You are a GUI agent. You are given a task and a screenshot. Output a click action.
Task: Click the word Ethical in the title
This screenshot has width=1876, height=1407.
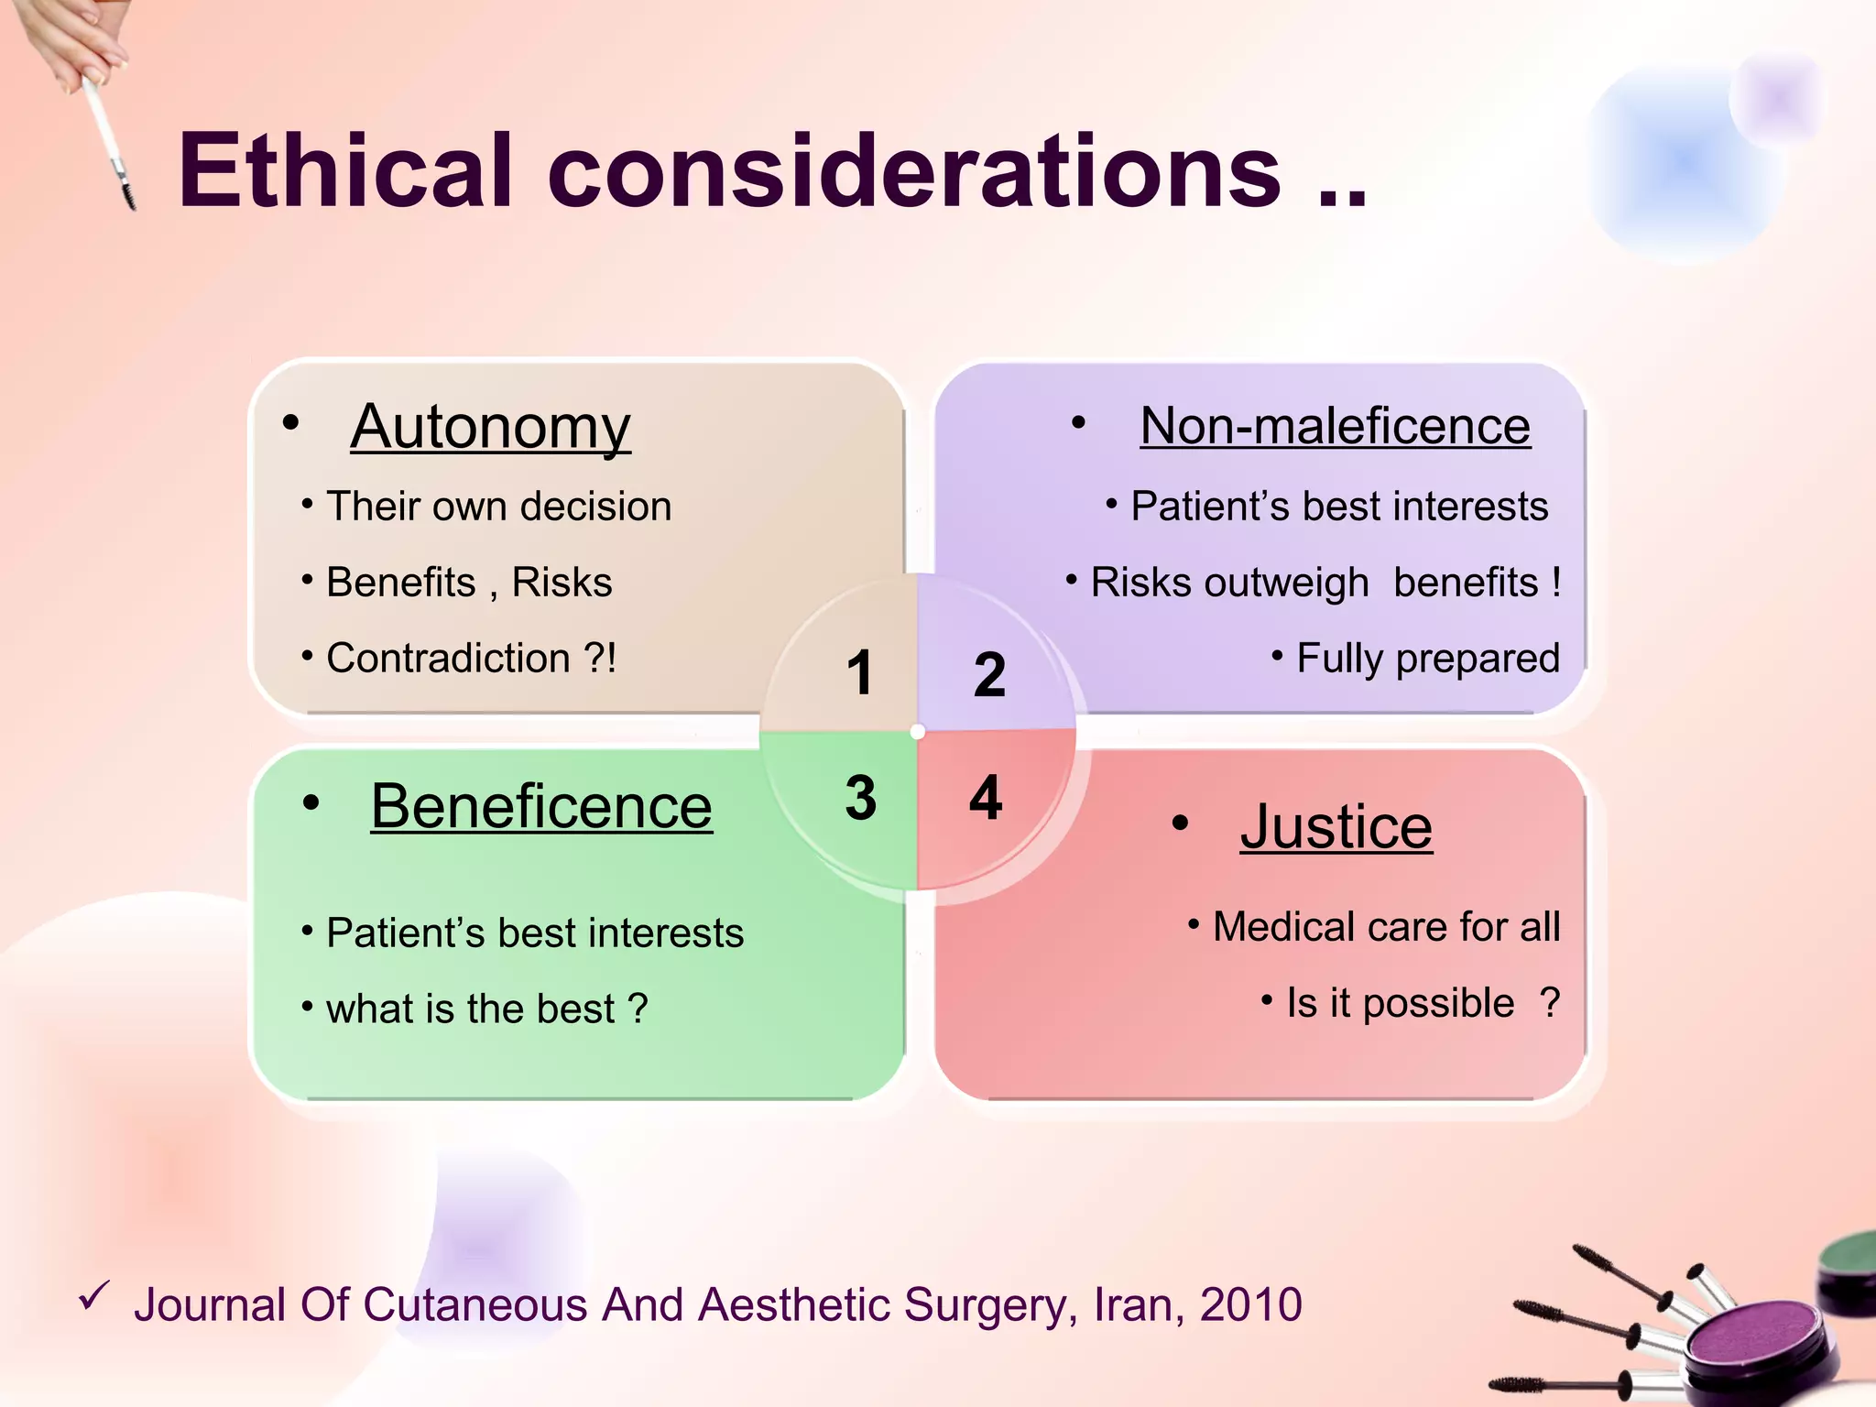pos(344,171)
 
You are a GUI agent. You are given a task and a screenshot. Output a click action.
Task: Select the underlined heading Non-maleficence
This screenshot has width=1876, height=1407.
pos(1335,426)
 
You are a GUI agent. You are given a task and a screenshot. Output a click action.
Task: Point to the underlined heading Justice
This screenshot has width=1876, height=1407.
pos(1336,826)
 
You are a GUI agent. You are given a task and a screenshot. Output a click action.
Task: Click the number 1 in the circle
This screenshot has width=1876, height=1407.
pos(859,673)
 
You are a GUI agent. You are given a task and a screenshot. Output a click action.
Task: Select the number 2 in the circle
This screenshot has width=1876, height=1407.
pos(989,675)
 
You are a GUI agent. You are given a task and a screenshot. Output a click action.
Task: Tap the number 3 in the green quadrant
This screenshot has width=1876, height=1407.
pos(860,797)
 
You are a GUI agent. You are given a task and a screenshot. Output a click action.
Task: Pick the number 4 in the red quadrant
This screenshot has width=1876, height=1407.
pos(986,797)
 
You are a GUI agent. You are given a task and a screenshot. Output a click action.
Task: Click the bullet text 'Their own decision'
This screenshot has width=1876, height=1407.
pos(498,507)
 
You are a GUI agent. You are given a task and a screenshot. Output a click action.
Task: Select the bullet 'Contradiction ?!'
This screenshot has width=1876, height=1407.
pos(471,659)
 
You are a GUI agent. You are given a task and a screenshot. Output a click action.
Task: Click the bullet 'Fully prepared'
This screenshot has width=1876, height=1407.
pos(1427,659)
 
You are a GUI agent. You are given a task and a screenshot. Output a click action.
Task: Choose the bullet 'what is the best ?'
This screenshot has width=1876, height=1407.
pos(486,1009)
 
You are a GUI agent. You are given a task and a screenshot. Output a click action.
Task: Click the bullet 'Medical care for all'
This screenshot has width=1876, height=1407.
pos(1386,927)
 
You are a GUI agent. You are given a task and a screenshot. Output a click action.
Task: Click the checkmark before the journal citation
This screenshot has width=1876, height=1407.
pos(94,1295)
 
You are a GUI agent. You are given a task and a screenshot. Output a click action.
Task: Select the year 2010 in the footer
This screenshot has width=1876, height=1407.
pos(1250,1304)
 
